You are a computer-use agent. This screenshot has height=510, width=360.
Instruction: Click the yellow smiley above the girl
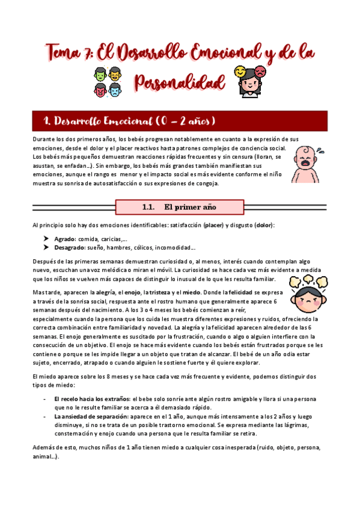pyautogui.click(x=241, y=72)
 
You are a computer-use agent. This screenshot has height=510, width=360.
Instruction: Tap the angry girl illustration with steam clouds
pyautogui.click(x=307, y=292)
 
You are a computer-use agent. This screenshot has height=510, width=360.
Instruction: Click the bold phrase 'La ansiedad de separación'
pyautogui.click(x=90, y=416)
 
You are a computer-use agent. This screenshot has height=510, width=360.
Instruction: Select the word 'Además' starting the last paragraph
pyautogui.click(x=46, y=448)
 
